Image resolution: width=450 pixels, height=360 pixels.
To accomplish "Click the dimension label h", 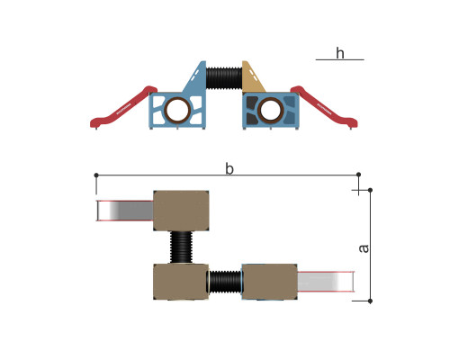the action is pos(340,53).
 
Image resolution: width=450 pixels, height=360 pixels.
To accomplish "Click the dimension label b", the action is pos(229,168).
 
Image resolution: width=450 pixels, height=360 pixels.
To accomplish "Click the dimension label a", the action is pos(364,248).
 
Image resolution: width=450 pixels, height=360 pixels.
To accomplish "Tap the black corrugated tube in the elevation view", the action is pos(224,78).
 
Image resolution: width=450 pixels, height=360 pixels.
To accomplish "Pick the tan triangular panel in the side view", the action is pos(251,78).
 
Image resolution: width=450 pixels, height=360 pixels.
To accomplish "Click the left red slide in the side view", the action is pos(123,107).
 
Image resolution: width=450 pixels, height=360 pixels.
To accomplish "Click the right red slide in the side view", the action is pos(324,107).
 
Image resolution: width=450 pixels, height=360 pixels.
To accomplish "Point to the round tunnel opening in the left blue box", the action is pos(177,110).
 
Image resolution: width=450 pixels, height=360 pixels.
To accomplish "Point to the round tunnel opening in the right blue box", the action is pos(271,110).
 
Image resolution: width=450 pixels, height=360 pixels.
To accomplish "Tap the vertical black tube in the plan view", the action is pos(181,247).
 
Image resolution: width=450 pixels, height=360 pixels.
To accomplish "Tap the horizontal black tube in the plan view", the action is pos(225,282).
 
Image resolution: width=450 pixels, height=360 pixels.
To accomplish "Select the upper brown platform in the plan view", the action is pos(181,211).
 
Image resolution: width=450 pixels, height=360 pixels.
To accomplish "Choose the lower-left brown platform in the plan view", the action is pos(181,282).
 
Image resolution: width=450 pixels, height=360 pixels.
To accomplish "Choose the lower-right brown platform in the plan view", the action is pos(269,282).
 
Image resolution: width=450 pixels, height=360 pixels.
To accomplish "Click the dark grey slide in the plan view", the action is pos(125,211).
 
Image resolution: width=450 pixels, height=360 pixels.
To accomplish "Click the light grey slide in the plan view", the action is pos(326,282).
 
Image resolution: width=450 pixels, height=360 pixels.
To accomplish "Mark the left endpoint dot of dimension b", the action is pos(96,175).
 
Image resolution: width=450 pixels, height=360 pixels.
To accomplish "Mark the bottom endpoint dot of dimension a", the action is pos(370,301).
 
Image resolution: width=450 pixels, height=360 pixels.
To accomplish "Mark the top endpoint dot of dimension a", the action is pos(370,190).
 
